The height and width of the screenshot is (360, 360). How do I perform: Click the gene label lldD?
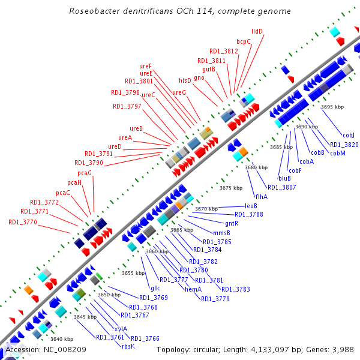click(x=257, y=31)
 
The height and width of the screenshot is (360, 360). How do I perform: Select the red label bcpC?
click(x=244, y=41)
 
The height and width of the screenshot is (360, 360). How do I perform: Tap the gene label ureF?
click(x=146, y=65)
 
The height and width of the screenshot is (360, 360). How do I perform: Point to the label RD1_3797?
click(x=127, y=106)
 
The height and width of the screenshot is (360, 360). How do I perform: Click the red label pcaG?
click(x=85, y=173)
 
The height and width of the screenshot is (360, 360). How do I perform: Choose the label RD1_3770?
click(x=23, y=222)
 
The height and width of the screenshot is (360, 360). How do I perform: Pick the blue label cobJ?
click(x=349, y=135)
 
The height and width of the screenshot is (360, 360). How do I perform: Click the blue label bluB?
click(x=284, y=178)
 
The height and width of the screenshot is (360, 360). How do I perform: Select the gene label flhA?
click(x=261, y=197)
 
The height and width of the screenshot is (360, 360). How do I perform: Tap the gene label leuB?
click(x=251, y=206)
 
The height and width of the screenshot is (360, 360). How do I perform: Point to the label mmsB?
click(x=221, y=232)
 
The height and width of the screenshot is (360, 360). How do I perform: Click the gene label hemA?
click(x=193, y=289)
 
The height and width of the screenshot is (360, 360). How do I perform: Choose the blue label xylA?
click(x=121, y=328)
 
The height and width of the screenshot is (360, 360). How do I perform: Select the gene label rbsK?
click(x=128, y=346)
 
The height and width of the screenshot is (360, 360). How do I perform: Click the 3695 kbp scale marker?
click(x=332, y=107)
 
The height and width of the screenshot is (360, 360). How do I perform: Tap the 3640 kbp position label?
click(x=62, y=339)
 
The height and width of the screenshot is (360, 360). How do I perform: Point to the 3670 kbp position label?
click(x=206, y=209)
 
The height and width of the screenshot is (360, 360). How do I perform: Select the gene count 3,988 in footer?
click(x=343, y=349)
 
